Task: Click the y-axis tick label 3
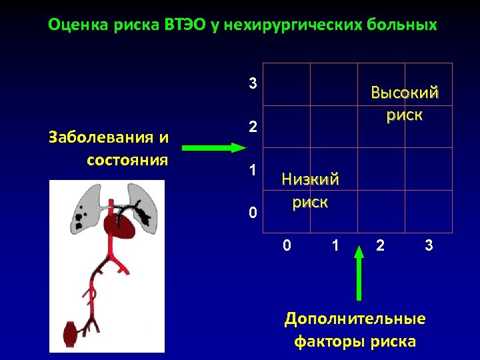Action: click(x=252, y=84)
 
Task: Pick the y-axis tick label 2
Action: click(x=252, y=127)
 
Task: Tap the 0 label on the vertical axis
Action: click(x=252, y=213)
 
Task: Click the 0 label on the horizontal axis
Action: click(x=287, y=245)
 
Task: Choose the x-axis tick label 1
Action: click(x=335, y=245)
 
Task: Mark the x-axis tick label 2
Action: click(x=380, y=245)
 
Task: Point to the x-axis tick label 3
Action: click(x=429, y=245)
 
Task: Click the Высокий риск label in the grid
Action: click(x=404, y=103)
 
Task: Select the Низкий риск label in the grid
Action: click(x=310, y=190)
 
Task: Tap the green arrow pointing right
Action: click(x=209, y=148)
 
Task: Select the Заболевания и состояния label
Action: click(x=109, y=149)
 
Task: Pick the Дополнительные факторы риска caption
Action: click(x=355, y=330)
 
